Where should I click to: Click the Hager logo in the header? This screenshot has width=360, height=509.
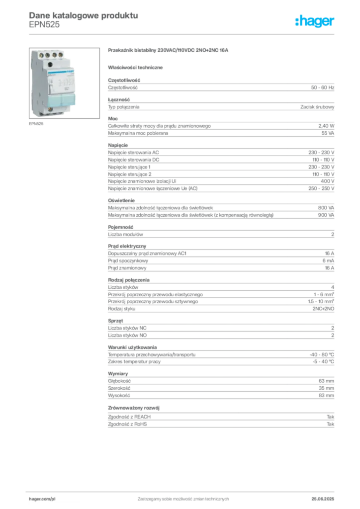click(315, 21)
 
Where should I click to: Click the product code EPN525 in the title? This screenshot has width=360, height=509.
click(44, 25)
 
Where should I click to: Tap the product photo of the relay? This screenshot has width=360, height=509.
click(64, 83)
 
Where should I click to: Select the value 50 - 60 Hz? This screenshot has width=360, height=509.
click(322, 87)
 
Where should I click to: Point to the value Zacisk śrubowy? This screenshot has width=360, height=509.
click(317, 107)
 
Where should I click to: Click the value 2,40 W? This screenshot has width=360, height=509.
click(326, 126)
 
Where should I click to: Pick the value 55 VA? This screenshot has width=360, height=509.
click(328, 133)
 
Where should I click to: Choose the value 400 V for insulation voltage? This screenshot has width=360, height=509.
click(327, 181)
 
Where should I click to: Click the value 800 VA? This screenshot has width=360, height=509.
click(326, 208)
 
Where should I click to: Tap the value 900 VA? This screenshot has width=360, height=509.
click(326, 215)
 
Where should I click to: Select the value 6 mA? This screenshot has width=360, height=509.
click(328, 260)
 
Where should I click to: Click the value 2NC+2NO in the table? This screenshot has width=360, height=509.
click(323, 309)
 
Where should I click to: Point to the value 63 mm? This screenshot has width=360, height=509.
click(326, 381)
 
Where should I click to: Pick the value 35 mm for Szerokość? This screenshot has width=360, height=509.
click(326, 388)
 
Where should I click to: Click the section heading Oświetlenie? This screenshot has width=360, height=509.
click(121, 201)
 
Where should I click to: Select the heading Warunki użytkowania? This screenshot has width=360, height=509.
click(132, 347)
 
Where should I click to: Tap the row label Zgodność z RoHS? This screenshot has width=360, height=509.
click(127, 424)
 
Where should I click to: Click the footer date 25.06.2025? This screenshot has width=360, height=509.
click(323, 499)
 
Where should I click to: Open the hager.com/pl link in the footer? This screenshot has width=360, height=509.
click(42, 499)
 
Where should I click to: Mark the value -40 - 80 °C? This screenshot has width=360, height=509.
click(322, 354)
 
